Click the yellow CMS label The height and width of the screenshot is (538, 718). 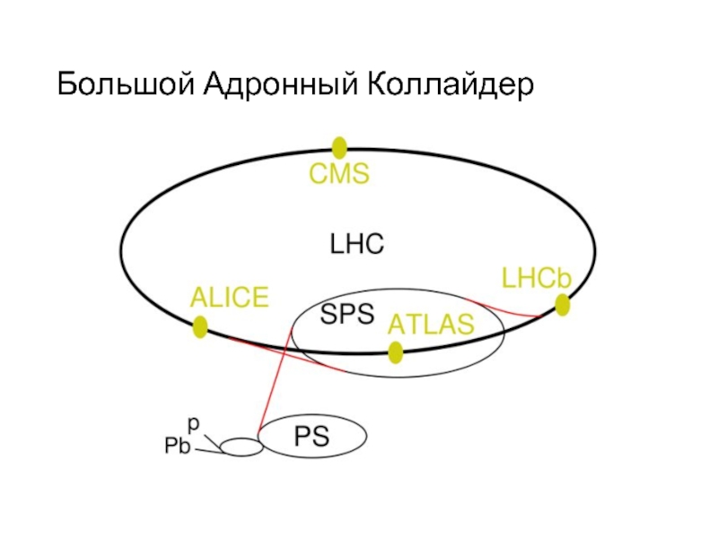point(339,175)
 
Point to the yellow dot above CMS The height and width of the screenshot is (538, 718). point(339,147)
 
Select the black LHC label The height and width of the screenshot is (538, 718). point(356,244)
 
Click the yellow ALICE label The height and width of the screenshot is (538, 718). point(229,297)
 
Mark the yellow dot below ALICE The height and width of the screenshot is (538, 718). point(200,327)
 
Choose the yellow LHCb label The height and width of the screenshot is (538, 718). point(537,279)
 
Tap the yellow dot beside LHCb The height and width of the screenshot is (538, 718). point(563,306)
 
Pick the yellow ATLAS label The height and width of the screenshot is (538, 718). point(430,325)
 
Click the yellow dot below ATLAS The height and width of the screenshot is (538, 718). point(396,352)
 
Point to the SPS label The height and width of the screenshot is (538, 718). point(347,315)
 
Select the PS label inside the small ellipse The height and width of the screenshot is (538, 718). point(311,438)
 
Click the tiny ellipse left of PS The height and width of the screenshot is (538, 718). point(240,446)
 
